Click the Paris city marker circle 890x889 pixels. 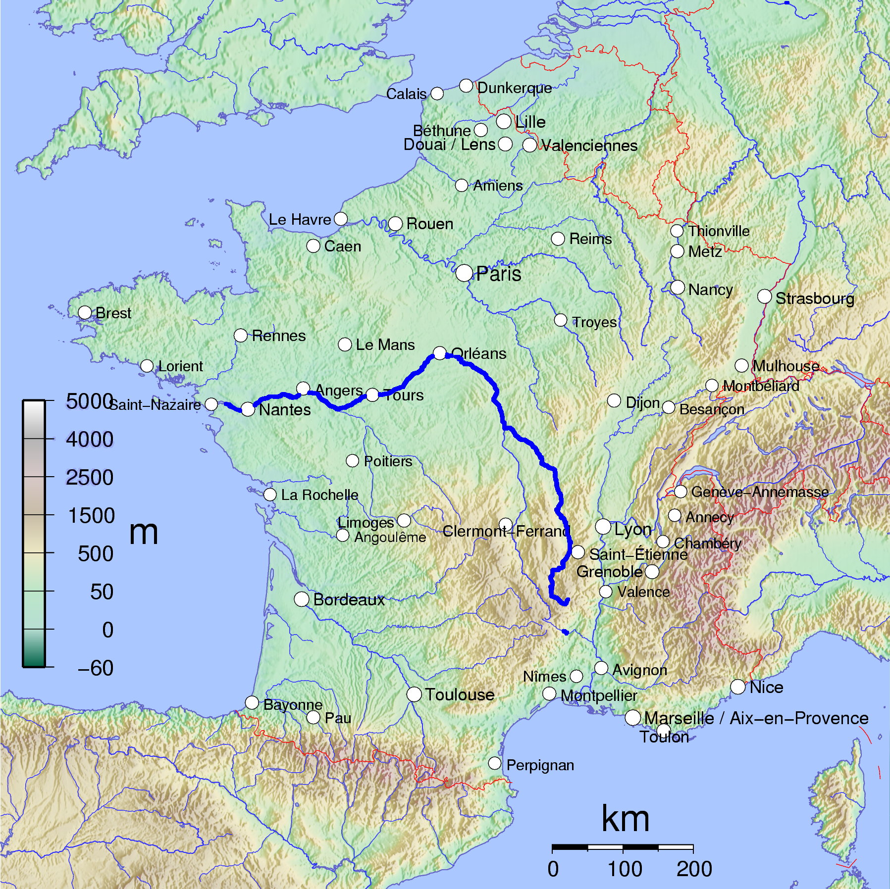click(x=464, y=273)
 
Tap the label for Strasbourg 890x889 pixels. click(x=814, y=298)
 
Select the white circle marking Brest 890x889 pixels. click(x=85, y=312)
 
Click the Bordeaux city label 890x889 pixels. click(x=349, y=599)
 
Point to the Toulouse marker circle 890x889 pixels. click(x=414, y=694)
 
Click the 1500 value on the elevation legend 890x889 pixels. click(x=91, y=516)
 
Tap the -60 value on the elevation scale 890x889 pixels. click(x=96, y=668)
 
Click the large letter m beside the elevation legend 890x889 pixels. click(x=144, y=533)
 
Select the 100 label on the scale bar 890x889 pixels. click(x=625, y=869)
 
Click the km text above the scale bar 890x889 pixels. click(x=625, y=819)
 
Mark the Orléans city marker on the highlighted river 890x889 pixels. click(x=440, y=353)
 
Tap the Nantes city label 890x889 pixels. click(x=285, y=410)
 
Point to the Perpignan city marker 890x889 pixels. click(x=494, y=763)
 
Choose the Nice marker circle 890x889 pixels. click(x=738, y=687)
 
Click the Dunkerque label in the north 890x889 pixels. click(x=514, y=88)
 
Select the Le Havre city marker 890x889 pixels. click(x=341, y=219)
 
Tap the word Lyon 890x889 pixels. click(x=632, y=529)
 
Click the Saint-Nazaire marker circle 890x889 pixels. click(x=211, y=404)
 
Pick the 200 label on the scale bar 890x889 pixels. click(x=694, y=869)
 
